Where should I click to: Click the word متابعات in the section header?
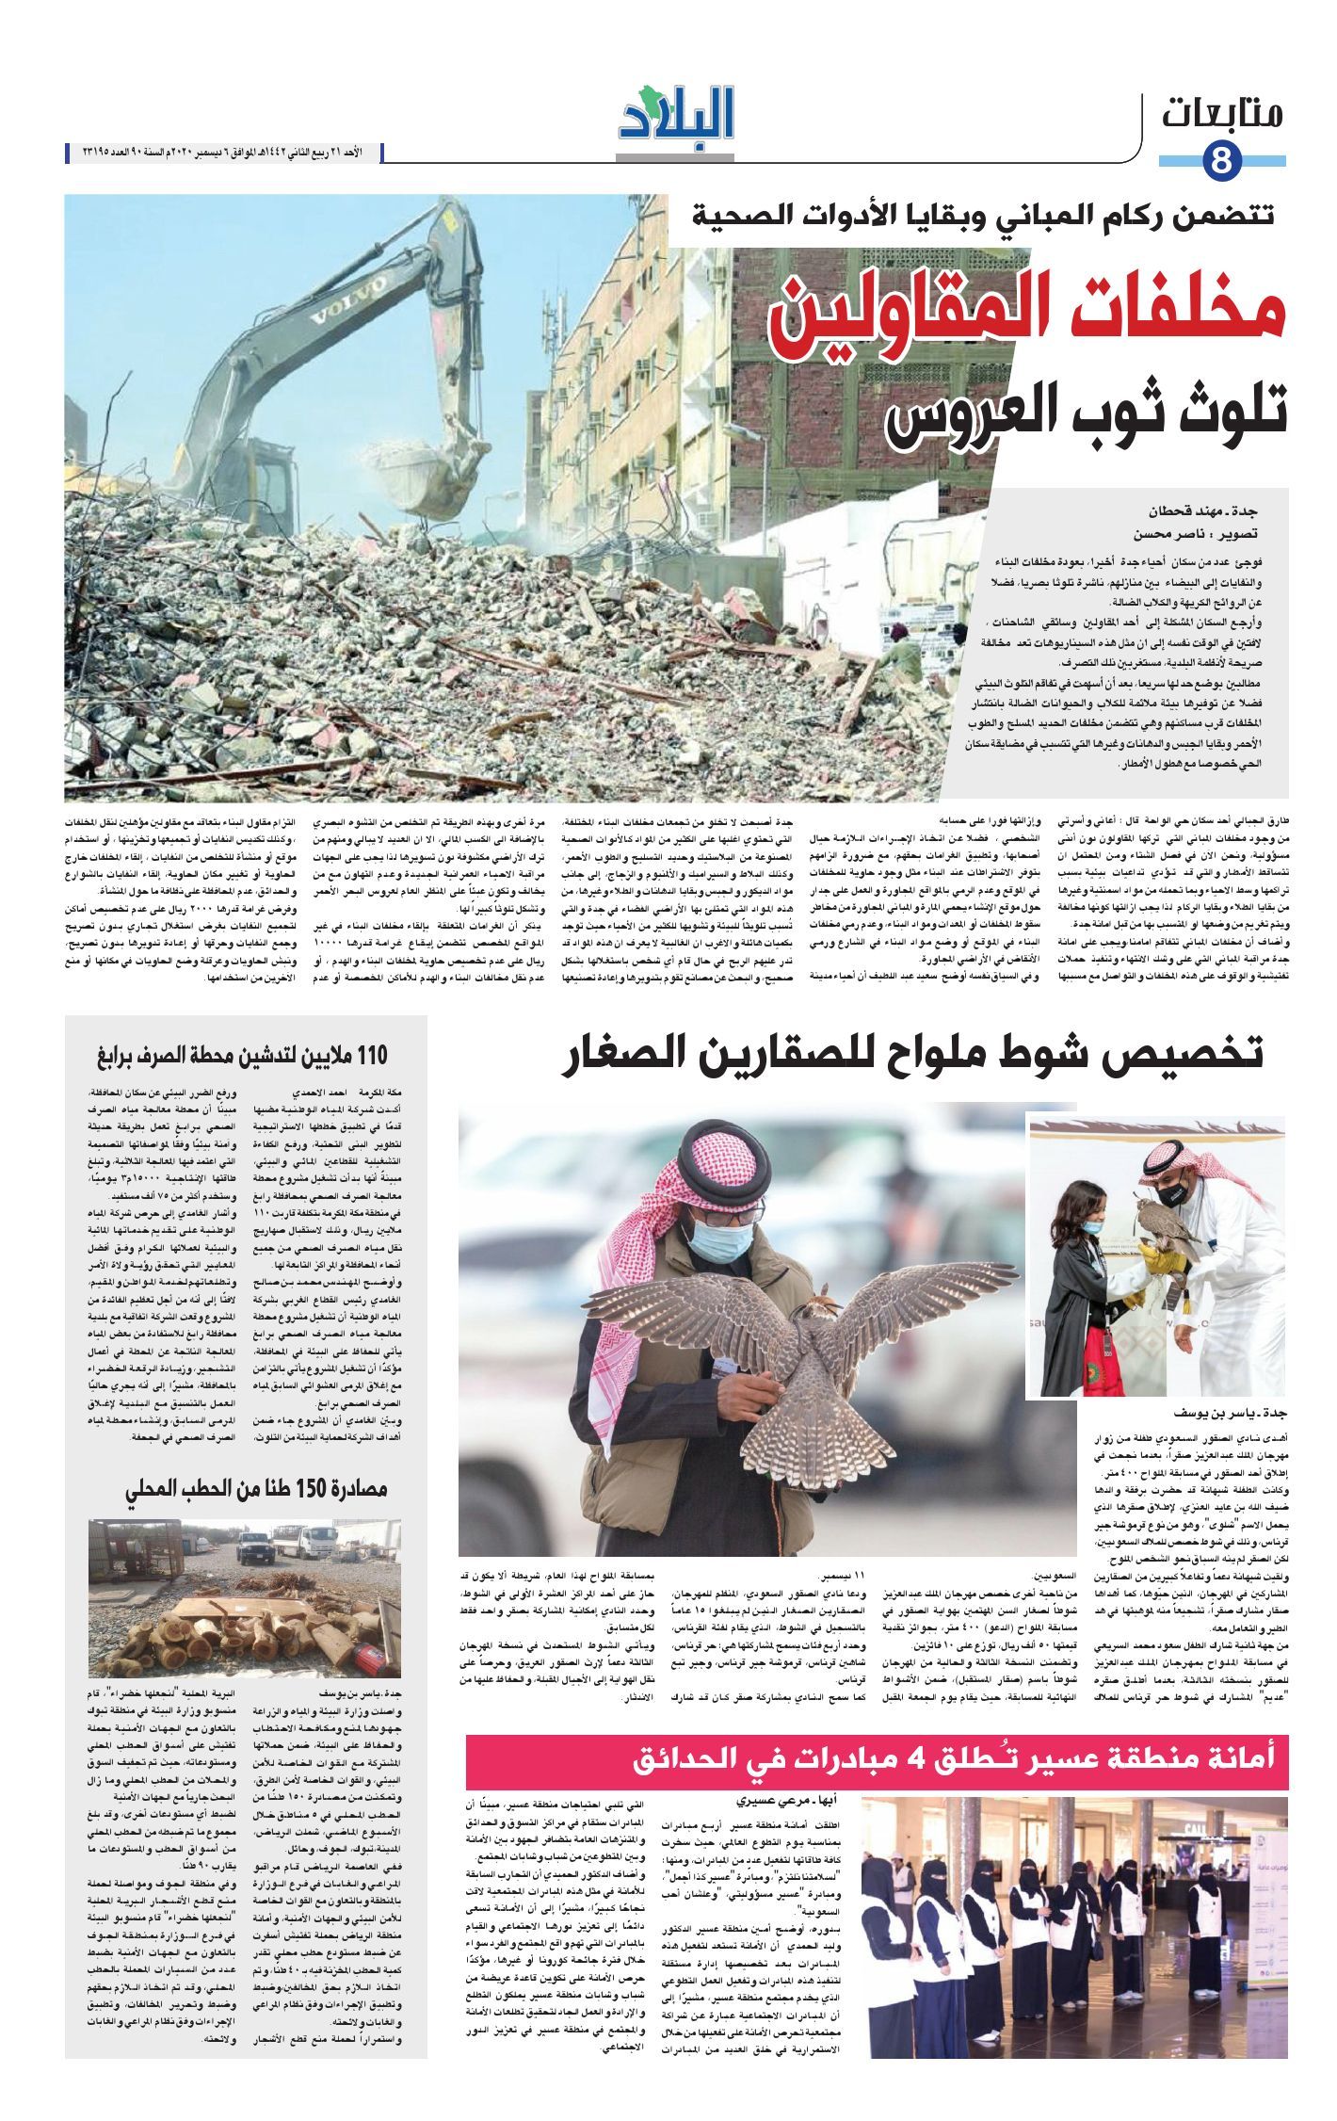point(1223,115)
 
